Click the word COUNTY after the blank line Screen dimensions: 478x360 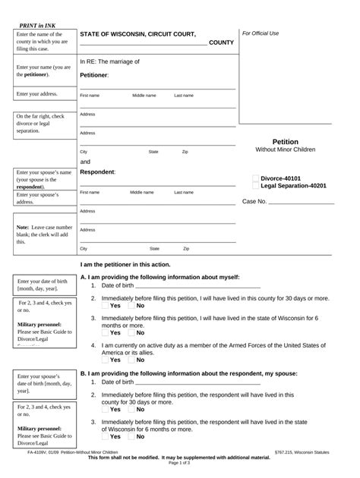click(x=221, y=42)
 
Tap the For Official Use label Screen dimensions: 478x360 click(x=261, y=33)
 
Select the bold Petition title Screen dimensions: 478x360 click(x=285, y=142)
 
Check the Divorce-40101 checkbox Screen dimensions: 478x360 click(x=256, y=178)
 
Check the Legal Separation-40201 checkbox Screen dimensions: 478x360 click(x=256, y=186)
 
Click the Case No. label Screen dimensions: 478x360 click(x=254, y=202)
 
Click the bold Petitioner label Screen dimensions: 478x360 click(x=94, y=75)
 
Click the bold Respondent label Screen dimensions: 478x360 click(x=97, y=172)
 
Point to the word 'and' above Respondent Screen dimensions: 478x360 click(x=85, y=162)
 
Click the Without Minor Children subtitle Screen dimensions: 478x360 click(x=285, y=150)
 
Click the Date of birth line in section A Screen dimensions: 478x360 click(x=197, y=285)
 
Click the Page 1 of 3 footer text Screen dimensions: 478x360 click(x=179, y=473)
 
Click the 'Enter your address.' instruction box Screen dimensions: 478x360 click(x=37, y=94)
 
